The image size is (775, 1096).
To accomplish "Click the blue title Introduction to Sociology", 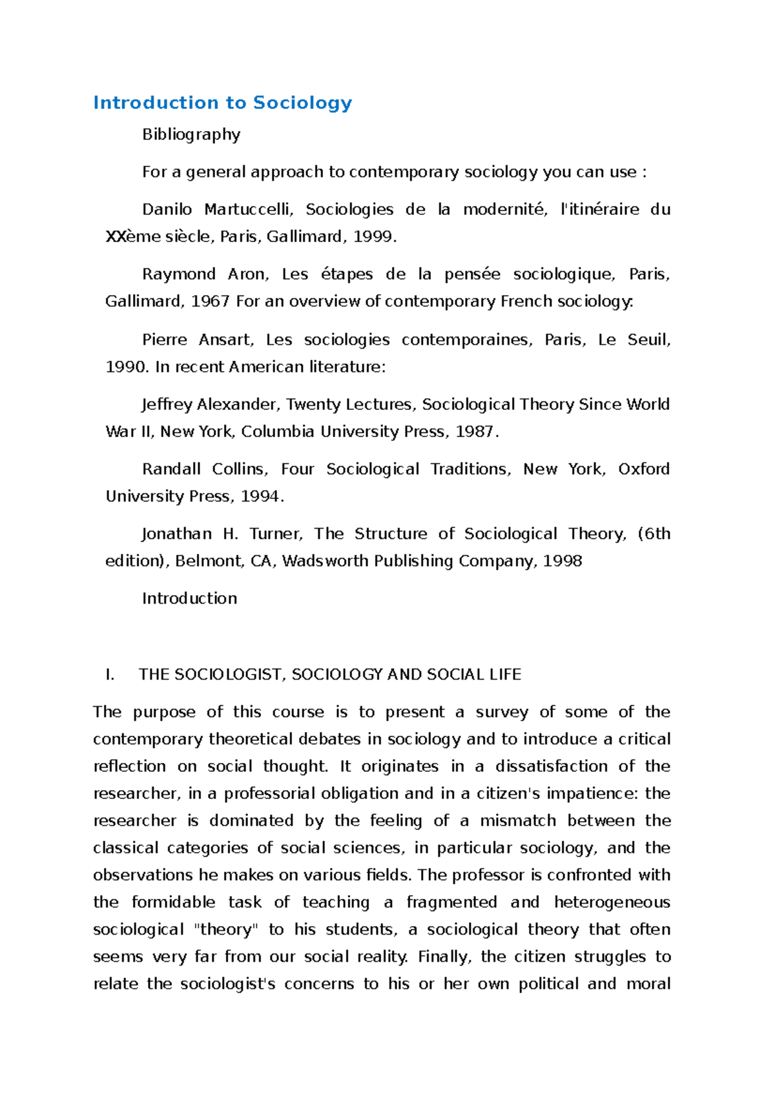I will click(222, 103).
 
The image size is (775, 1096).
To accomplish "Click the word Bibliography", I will click(191, 134).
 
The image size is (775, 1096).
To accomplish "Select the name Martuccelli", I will click(249, 210).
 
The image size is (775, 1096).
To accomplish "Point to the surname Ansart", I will click(226, 340).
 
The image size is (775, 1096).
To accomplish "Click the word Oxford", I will click(643, 469).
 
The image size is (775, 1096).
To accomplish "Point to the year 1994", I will click(260, 496).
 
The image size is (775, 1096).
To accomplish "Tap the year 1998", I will click(563, 561).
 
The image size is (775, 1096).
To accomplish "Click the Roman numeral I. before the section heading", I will click(109, 675).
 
